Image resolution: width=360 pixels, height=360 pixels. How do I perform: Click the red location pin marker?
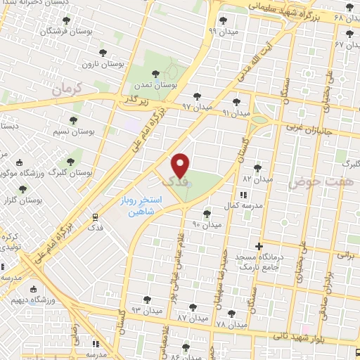(x=180, y=165)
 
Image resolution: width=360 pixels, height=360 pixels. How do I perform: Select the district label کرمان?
(x=67, y=89)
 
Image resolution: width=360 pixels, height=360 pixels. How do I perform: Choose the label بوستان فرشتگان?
(x=63, y=32)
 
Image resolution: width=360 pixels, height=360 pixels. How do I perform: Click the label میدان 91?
(x=236, y=112)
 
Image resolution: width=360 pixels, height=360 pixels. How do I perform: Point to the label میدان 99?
(x=222, y=31)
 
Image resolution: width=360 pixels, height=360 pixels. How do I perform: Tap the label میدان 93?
(x=146, y=309)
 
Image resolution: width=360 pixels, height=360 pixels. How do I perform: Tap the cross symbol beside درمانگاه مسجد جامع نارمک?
(x=259, y=247)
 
